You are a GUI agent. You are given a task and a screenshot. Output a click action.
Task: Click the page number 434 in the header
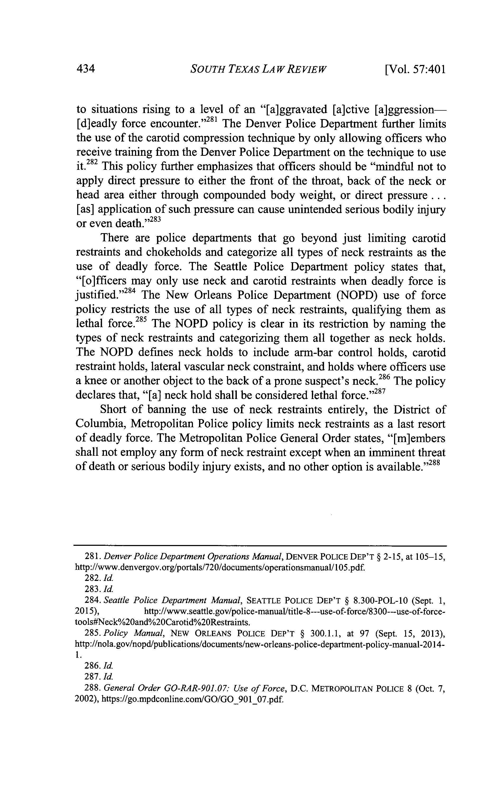[x=86, y=69]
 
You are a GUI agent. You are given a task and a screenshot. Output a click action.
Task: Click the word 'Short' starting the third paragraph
[x=113, y=410]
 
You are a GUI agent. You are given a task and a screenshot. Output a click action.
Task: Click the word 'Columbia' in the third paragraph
[x=99, y=424]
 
